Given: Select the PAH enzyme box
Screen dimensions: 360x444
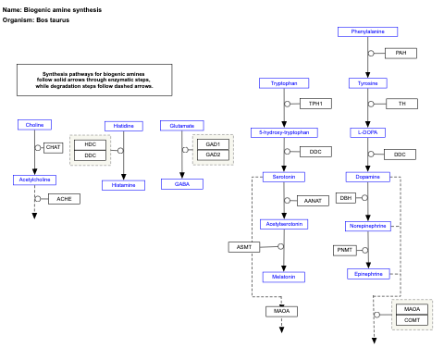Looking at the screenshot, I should [401, 53].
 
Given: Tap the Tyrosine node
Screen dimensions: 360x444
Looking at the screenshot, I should [367, 83].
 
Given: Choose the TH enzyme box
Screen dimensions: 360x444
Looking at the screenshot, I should [401, 104].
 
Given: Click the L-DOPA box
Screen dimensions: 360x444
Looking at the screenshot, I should [366, 132].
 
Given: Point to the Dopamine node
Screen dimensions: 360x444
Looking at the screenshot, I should [367, 177].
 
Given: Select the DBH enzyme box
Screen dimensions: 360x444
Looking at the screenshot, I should [346, 198].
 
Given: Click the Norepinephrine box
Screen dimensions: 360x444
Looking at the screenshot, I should [367, 226].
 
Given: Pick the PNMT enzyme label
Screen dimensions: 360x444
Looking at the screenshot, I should [345, 250].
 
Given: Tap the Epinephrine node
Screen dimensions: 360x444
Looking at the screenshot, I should [367, 274].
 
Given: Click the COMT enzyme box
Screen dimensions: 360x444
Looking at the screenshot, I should [413, 320].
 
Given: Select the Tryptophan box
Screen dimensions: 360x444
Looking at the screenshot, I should [284, 83].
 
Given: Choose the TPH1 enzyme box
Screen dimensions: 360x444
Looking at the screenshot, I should [315, 104].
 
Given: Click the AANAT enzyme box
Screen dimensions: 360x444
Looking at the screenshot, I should [312, 201].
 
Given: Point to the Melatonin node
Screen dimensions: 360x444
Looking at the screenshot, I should [284, 277].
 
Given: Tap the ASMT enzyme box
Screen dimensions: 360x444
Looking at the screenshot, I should [243, 247].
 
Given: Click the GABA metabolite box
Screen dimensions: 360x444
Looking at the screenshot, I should [181, 184].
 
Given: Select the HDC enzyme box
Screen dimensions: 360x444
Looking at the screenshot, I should [91, 144].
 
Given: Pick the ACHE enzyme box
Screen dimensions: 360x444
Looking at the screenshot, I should [64, 199].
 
